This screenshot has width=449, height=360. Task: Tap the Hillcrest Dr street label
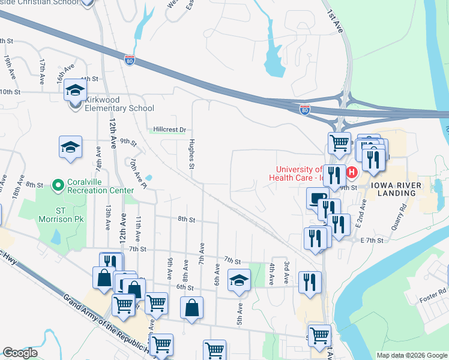coord(170,130)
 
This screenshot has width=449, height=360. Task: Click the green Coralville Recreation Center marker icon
coord(58,185)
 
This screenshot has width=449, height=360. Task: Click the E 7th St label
coord(373,240)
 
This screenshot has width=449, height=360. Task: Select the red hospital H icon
coord(352,173)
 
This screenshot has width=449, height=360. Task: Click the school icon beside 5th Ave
coord(239,280)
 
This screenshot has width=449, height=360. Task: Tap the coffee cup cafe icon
coord(317,197)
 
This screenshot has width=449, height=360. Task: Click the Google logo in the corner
coord(20,353)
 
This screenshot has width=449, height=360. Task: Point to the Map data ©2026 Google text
coord(411,355)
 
